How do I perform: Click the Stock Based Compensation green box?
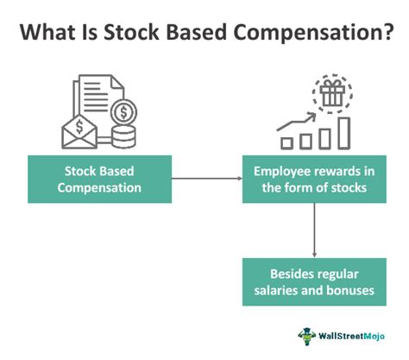pyautogui.click(x=99, y=178)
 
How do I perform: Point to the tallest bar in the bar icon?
pyautogui.click(x=343, y=130)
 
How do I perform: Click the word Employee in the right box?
pyautogui.click(x=277, y=168)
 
